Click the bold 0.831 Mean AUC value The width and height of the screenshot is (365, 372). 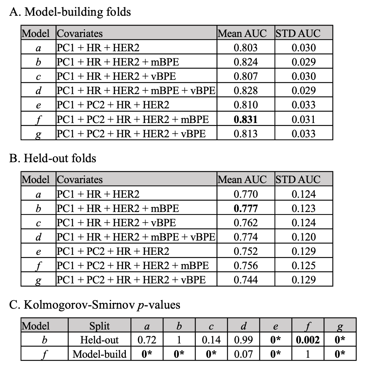click(245, 119)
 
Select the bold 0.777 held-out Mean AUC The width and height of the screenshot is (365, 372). click(245, 208)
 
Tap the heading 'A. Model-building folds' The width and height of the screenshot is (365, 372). click(70, 12)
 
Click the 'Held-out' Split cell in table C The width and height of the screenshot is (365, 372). click(99, 340)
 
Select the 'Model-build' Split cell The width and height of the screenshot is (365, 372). click(99, 354)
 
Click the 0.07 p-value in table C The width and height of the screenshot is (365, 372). click(244, 354)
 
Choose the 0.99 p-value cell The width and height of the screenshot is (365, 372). click(244, 340)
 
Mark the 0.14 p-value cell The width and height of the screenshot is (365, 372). click(211, 340)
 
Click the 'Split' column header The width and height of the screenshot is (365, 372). click(99, 325)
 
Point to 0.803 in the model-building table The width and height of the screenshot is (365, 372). click(245, 48)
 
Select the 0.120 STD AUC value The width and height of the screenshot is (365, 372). click(304, 237)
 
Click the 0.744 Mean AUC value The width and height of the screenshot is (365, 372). click(245, 280)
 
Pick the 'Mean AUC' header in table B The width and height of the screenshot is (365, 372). click(242, 180)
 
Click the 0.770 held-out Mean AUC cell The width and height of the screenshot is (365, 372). click(245, 194)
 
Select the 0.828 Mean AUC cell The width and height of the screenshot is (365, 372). click(245, 91)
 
